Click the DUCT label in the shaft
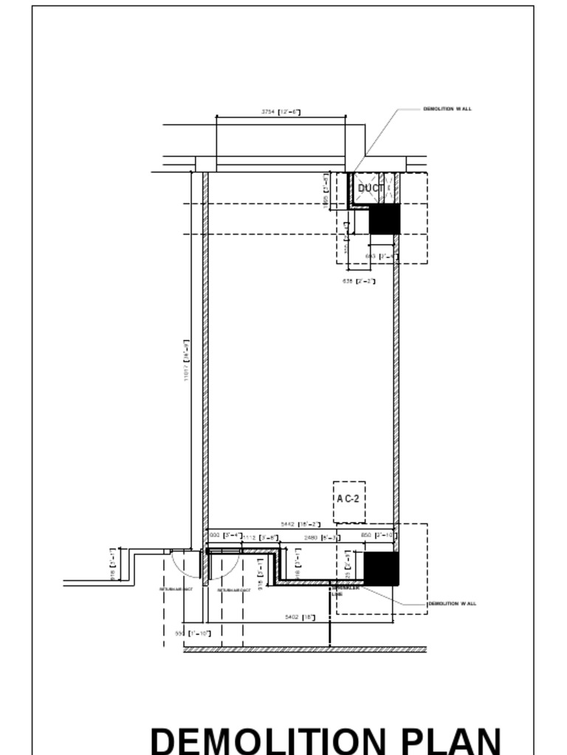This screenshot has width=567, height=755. pos(371,188)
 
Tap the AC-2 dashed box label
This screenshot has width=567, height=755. pos(348,498)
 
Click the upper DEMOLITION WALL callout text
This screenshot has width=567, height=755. pos(447,109)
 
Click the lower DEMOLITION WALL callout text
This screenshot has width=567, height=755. pos(453,604)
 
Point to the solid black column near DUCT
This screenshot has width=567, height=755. pos(384,219)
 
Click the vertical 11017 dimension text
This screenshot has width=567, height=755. pos(187,360)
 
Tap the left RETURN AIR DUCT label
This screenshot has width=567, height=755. pos(176,589)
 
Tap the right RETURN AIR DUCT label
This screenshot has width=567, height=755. pos(234,590)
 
